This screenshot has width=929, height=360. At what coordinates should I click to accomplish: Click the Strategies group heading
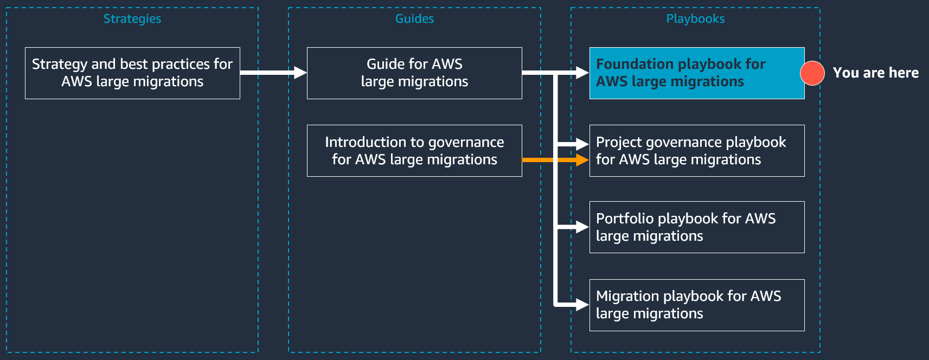click(132, 18)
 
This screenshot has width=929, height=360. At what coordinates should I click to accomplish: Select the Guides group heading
click(414, 18)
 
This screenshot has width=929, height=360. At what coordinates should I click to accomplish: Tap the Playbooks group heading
click(695, 18)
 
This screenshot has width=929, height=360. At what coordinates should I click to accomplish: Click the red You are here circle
click(812, 73)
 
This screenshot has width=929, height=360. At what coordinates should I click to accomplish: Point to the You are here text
click(875, 73)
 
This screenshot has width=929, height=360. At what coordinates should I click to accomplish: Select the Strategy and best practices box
click(132, 73)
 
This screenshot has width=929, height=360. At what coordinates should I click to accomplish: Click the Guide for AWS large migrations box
click(414, 73)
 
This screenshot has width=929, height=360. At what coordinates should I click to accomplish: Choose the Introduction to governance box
click(414, 151)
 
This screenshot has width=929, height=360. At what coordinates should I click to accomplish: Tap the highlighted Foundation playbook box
click(697, 73)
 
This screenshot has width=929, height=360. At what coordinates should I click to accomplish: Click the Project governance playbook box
click(697, 151)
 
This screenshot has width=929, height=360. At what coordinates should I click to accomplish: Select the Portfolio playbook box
click(697, 227)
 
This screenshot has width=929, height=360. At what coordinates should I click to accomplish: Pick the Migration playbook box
click(697, 305)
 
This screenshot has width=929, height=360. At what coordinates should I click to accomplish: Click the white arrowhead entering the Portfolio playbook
click(582, 227)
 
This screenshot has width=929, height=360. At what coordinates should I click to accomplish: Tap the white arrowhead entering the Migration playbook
click(582, 305)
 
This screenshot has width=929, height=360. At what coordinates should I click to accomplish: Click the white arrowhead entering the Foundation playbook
click(582, 72)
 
